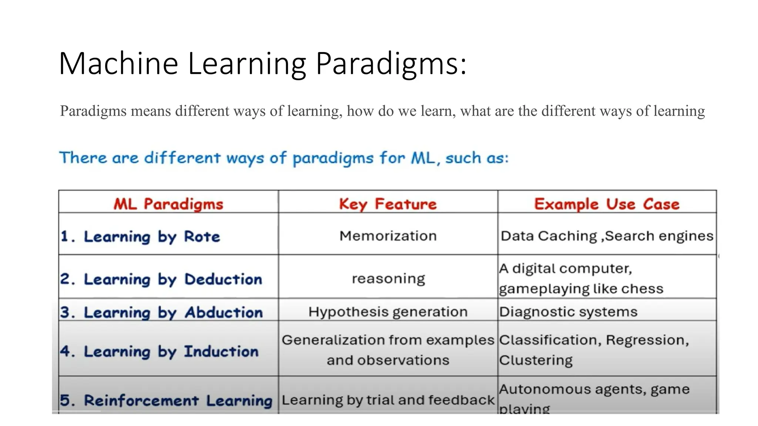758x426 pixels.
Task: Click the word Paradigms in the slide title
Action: click(390, 64)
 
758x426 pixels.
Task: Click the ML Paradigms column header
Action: click(168, 204)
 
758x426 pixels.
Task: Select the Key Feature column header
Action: click(388, 204)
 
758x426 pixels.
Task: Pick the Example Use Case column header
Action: click(607, 204)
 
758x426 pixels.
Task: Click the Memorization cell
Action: click(388, 236)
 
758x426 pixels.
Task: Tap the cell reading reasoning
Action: click(388, 278)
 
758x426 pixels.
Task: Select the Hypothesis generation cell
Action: click(388, 311)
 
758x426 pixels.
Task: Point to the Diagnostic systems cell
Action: click(568, 311)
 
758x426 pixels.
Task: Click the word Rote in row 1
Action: click(202, 236)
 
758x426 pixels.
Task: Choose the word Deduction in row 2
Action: click(223, 279)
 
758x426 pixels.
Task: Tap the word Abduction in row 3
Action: click(224, 312)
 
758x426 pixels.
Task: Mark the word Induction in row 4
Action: click(221, 351)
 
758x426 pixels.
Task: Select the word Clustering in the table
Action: click(536, 360)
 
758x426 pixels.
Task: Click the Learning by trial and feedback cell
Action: click(388, 400)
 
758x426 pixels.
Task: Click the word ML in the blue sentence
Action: click(422, 158)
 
